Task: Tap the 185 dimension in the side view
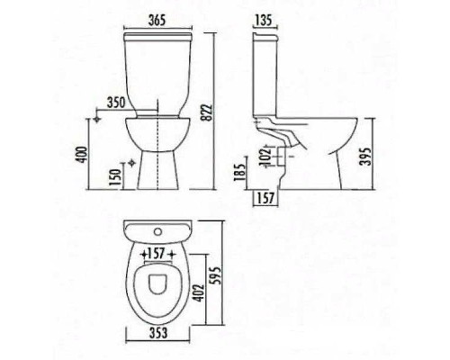pyautogui.click(x=238, y=170)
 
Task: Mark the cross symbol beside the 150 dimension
pyautogui.click(x=133, y=163)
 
